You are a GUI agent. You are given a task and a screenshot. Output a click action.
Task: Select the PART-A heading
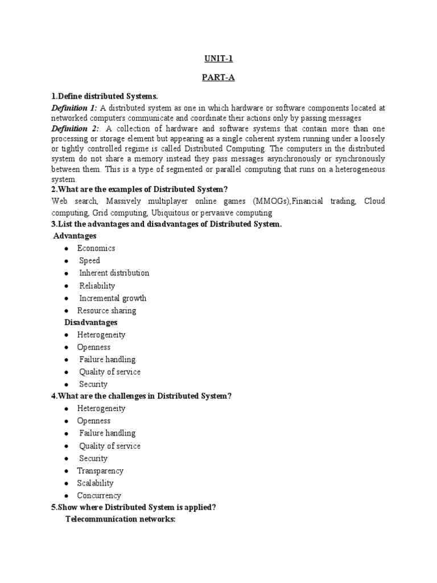tap(218, 78)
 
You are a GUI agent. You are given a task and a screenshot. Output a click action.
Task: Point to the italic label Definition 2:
tap(74, 129)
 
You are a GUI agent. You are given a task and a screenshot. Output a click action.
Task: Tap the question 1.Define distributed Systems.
tap(104, 96)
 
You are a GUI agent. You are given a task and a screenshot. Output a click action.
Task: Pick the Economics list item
tap(96, 248)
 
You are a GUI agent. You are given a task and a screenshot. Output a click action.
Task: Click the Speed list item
tap(89, 261)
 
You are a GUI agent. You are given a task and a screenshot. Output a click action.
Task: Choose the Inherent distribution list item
tap(114, 273)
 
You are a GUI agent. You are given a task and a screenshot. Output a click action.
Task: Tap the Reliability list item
tap(97, 286)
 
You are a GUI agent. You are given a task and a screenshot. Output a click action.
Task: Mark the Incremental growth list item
tap(112, 298)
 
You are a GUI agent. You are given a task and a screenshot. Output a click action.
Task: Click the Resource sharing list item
tap(106, 311)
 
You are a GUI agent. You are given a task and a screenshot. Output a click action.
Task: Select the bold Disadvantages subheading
tap(91, 323)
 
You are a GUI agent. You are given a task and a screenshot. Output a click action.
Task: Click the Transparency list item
tap(100, 471)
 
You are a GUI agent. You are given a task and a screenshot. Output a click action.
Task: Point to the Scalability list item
tap(96, 483)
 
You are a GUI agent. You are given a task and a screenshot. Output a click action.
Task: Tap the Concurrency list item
tap(99, 496)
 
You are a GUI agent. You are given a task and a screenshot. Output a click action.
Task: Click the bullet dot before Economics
tap(67, 249)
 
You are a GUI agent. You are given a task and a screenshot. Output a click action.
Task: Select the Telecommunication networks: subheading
tap(121, 520)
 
